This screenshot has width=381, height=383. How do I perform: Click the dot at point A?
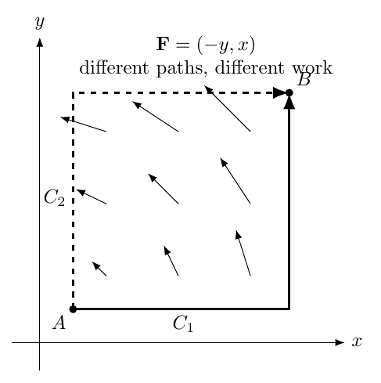pos(73,309)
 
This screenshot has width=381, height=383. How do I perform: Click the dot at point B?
pos(289,92)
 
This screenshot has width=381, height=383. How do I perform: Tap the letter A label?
pos(59,323)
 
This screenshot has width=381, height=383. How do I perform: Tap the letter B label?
pos(304,79)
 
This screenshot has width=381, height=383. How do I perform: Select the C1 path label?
pos(183,323)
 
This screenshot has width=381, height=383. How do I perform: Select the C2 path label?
pos(54,197)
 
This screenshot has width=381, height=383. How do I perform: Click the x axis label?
pos(357,341)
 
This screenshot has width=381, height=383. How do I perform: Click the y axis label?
pos(40,23)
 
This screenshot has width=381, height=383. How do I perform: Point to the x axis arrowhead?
pos(340,342)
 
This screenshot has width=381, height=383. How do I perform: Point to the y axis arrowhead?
pos(40,42)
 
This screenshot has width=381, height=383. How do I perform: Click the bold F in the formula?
pos(163,44)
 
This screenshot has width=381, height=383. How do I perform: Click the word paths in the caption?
pos(179,69)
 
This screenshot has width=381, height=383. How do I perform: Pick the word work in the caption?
pos(312,68)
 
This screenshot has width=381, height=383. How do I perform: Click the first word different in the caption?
pos(114,67)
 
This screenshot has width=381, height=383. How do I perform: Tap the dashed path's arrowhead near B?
pos(279,92)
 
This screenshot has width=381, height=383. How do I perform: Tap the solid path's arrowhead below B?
pos(289,103)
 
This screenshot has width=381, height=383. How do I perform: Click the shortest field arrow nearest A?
pos(99,269)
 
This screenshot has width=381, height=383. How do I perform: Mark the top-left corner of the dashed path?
pos(73,92)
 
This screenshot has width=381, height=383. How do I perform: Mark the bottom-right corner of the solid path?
pos(289,309)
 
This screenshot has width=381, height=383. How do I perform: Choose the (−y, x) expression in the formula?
pos(226,45)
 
